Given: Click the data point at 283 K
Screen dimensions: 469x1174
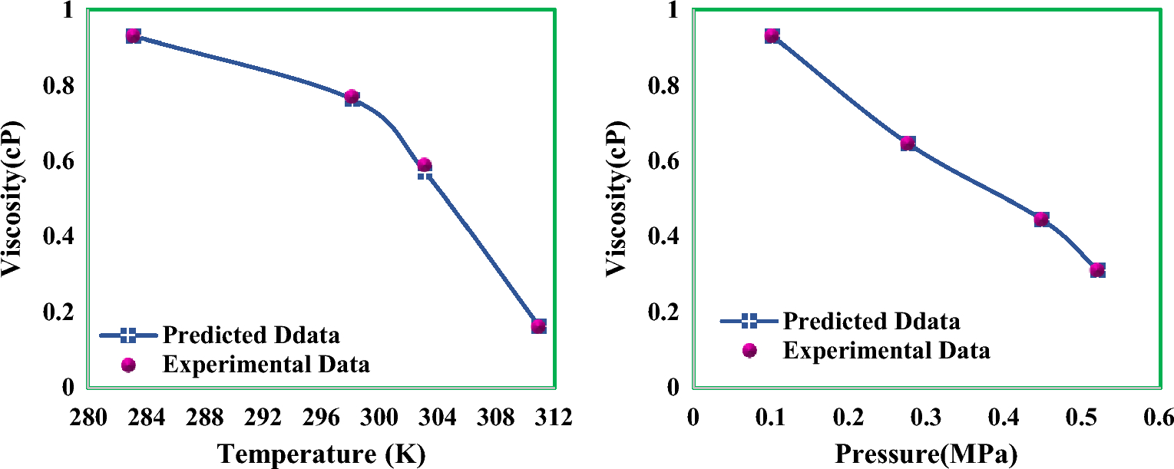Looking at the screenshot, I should point(133,35).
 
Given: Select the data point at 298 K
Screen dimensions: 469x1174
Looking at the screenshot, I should point(352,97).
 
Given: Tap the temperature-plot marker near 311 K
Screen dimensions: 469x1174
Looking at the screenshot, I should point(538,325).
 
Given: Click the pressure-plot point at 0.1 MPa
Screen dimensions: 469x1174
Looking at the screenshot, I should point(772,35).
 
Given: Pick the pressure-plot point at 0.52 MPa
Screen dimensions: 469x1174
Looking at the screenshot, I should point(1097,269).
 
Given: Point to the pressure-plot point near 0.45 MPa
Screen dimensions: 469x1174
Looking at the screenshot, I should point(1041,220).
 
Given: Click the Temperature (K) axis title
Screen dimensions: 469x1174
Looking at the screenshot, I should point(321,453).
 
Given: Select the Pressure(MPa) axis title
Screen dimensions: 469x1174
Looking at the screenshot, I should point(925,453).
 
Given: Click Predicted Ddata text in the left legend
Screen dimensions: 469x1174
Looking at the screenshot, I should point(251,335).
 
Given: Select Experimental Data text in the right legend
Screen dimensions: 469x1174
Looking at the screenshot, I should point(886,351).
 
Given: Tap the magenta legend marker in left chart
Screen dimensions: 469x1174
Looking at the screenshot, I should point(129,364).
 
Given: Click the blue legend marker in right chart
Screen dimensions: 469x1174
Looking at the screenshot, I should point(749,321).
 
